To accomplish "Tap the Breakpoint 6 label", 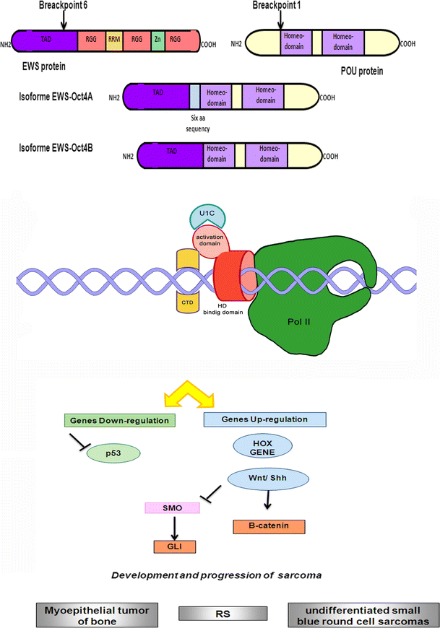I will click(x=40, y=6).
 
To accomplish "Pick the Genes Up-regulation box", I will click(x=266, y=419).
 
